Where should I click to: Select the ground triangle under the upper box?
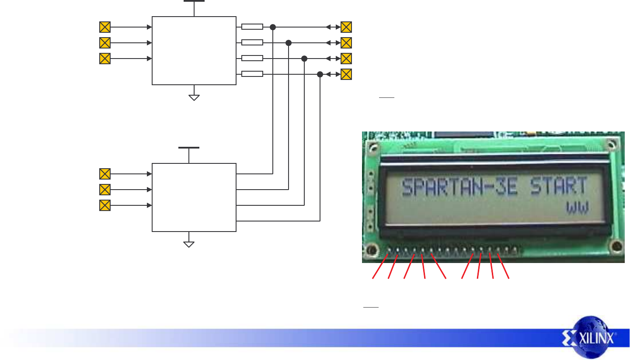coord(194,97)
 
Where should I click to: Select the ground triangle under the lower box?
coord(189,244)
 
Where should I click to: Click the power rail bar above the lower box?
coord(189,148)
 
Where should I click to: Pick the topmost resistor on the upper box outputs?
coord(252,27)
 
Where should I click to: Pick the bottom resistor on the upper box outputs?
coord(252,74)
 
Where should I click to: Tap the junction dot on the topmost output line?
coord(273,27)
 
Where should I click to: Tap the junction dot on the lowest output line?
coord(320,74)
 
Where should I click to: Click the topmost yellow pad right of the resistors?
coord(346,27)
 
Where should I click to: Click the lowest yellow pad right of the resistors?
coord(346,74)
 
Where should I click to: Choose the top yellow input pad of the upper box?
coord(105,27)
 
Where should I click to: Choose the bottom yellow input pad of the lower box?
coord(105,205)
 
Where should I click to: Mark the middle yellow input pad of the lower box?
coord(105,190)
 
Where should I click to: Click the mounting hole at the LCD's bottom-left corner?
coord(372,250)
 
